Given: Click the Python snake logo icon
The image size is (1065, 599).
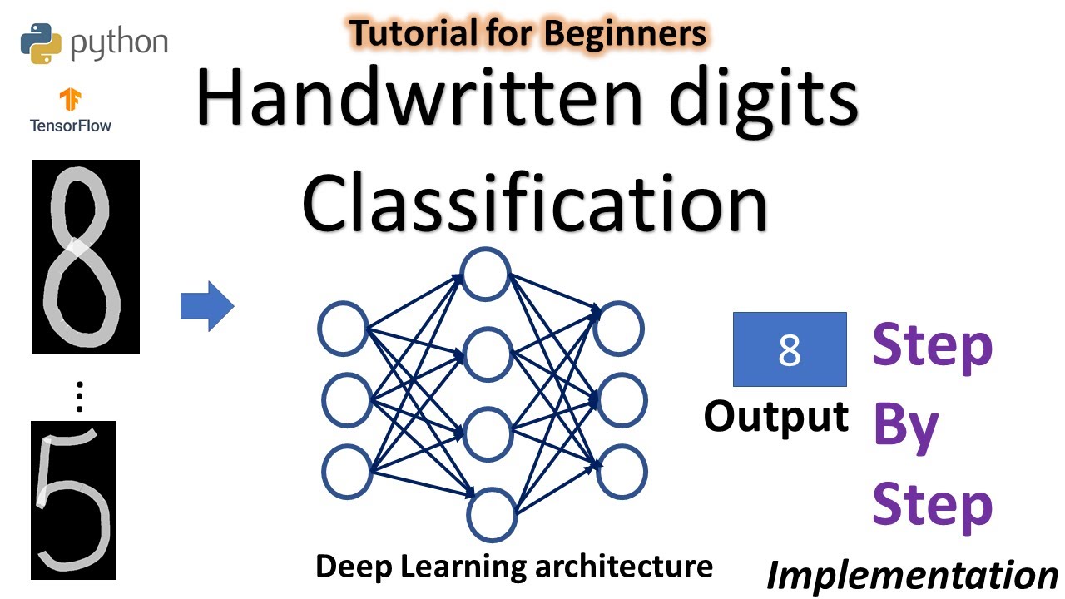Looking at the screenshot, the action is coord(42,43).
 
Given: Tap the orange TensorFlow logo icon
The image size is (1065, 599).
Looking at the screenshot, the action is coord(70,100).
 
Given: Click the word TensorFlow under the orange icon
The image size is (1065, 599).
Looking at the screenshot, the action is coord(71,126).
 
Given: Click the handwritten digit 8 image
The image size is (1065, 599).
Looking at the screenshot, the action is coord(86,256).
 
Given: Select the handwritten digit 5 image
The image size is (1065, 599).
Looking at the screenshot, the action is coord(73,500).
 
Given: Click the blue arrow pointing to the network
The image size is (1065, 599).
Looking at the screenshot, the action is coord(207,306).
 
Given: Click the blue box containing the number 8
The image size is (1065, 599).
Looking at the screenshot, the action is coord(789,349).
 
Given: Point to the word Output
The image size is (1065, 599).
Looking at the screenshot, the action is coord(776,416).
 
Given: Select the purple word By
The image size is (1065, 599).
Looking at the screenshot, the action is coord(905,426).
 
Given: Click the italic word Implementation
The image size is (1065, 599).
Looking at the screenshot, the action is coord(912,575).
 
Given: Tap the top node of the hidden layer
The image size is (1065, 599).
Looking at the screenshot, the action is coord(486,274).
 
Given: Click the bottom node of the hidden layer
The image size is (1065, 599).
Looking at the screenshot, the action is coord(492,515).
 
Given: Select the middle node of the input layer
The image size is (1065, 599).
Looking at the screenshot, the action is coord(346,400).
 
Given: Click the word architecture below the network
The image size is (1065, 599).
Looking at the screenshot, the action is coord(622,567).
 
